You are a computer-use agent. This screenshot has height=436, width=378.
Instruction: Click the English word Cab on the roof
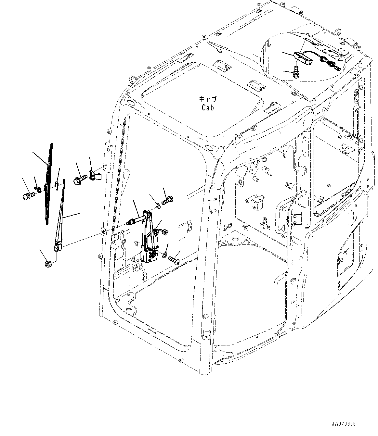(x=207, y=107)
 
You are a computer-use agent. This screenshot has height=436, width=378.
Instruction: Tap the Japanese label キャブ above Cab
(x=207, y=99)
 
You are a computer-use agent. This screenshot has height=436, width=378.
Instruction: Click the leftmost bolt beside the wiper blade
(x=27, y=196)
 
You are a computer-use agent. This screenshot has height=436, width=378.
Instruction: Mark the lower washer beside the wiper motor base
(x=165, y=253)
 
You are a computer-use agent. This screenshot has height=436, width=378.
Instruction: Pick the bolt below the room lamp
(x=296, y=73)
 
